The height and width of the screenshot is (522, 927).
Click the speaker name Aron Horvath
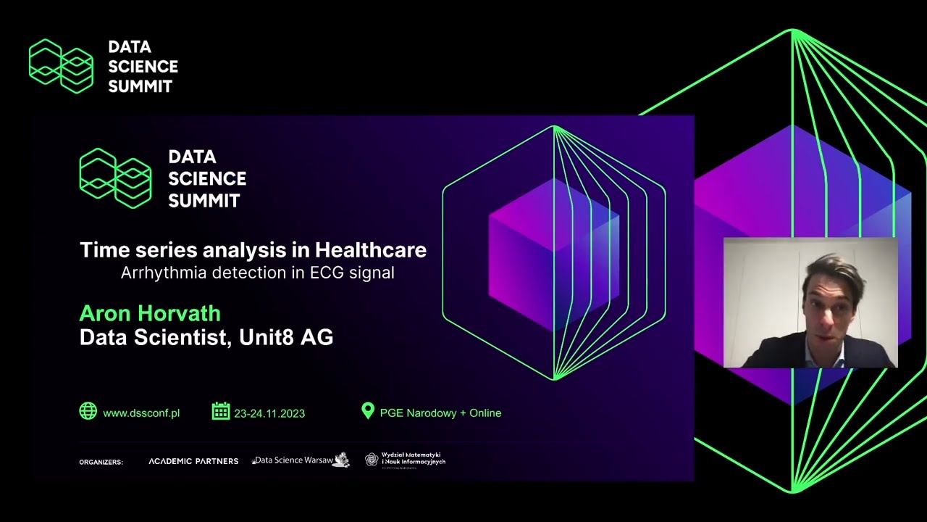150,313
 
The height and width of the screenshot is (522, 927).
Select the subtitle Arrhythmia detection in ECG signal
257,273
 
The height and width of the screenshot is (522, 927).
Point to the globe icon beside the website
88,411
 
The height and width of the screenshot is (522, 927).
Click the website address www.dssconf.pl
141,413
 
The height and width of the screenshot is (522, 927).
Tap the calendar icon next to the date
220,411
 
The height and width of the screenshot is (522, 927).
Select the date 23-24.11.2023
269,413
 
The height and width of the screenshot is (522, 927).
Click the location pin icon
368,411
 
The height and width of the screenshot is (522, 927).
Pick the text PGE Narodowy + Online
440,413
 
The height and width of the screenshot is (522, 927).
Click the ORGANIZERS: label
101,462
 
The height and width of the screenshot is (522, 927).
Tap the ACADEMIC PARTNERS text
193,461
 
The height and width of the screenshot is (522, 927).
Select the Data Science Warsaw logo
301,460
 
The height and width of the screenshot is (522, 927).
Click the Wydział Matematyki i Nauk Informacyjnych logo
406,459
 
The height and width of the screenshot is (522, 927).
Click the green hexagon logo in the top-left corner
62,66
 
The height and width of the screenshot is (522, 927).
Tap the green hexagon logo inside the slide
116,178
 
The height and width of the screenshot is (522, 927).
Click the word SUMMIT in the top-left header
140,86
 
